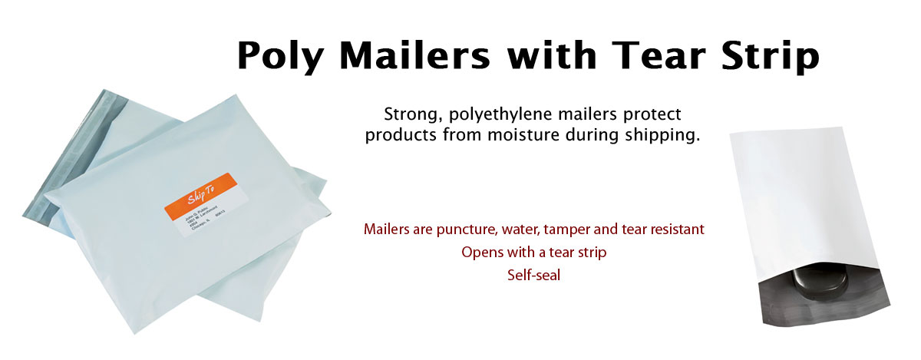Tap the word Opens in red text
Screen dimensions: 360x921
(480, 252)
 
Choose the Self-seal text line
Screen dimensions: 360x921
(533, 274)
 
